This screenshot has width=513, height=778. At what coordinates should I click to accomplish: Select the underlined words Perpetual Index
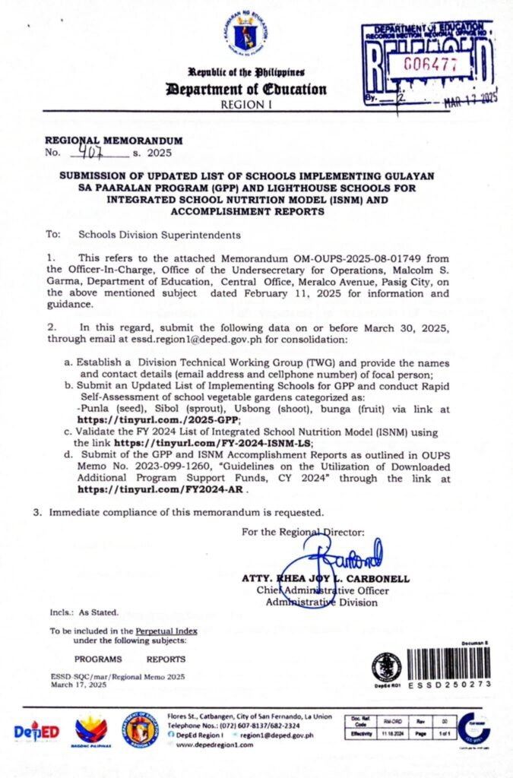tap(166, 631)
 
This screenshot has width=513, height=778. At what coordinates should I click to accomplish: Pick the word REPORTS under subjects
tap(166, 659)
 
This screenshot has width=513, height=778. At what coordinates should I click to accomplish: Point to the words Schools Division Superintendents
tap(160, 235)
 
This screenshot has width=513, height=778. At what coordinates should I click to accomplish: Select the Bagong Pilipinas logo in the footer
tap(90, 730)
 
